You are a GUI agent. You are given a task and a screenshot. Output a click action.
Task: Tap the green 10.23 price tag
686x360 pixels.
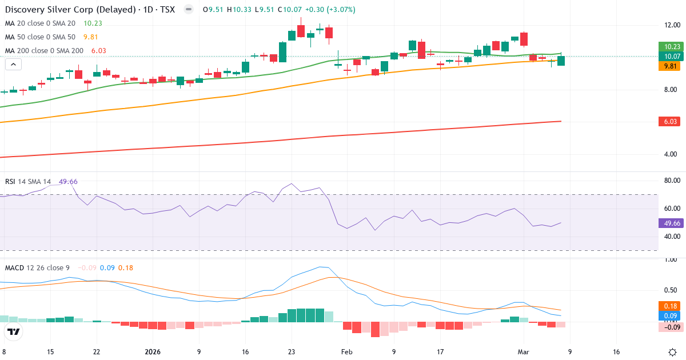[669, 47]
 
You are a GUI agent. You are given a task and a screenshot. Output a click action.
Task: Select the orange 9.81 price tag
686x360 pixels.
[669, 66]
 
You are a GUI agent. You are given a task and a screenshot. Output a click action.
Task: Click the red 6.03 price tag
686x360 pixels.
[669, 121]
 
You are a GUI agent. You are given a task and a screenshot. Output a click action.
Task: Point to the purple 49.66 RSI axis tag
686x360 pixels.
[669, 223]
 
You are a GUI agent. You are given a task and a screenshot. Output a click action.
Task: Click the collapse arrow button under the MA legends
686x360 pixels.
[13, 65]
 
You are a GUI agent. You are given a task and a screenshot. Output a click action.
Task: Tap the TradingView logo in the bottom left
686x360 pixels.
[14, 331]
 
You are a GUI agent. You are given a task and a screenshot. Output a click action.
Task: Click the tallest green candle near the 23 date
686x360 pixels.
[282, 52]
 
